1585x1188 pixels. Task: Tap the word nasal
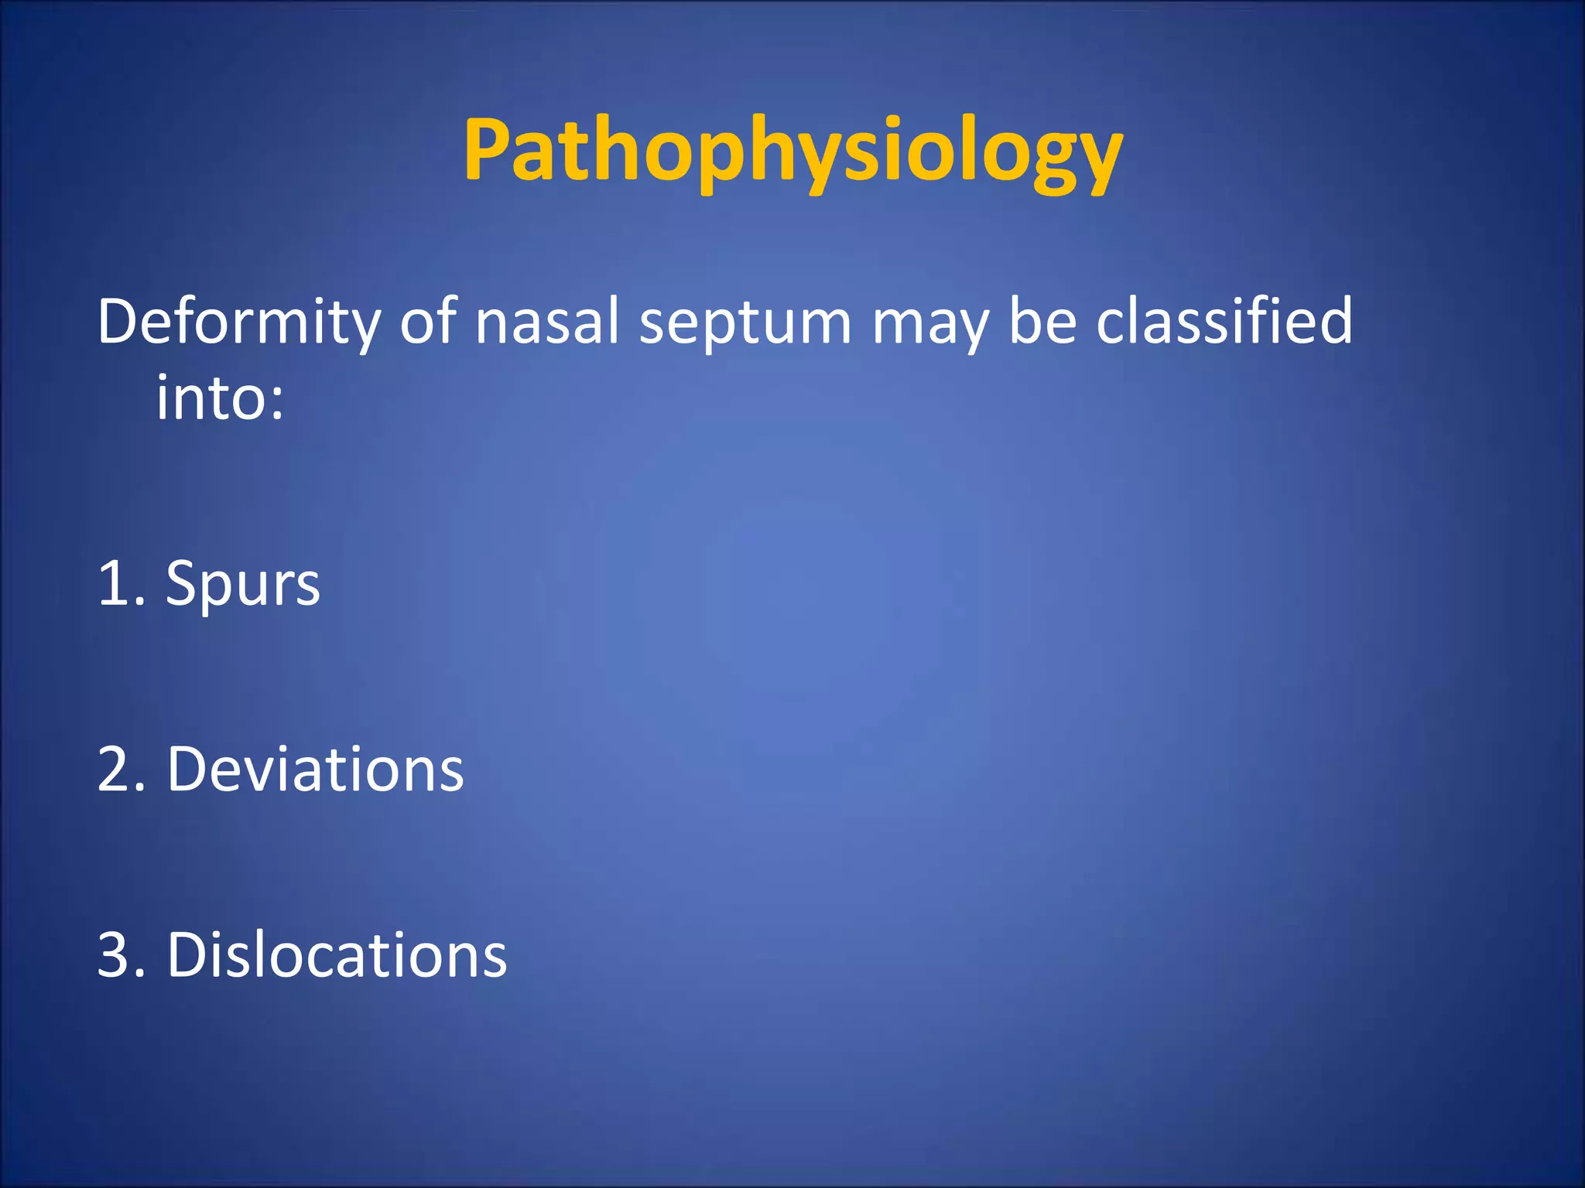point(546,322)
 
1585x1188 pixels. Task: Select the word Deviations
point(315,770)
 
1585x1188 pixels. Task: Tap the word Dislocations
point(337,954)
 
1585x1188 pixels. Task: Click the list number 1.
point(115,583)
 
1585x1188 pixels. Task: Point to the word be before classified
point(1042,320)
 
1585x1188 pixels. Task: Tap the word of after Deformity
point(426,320)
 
